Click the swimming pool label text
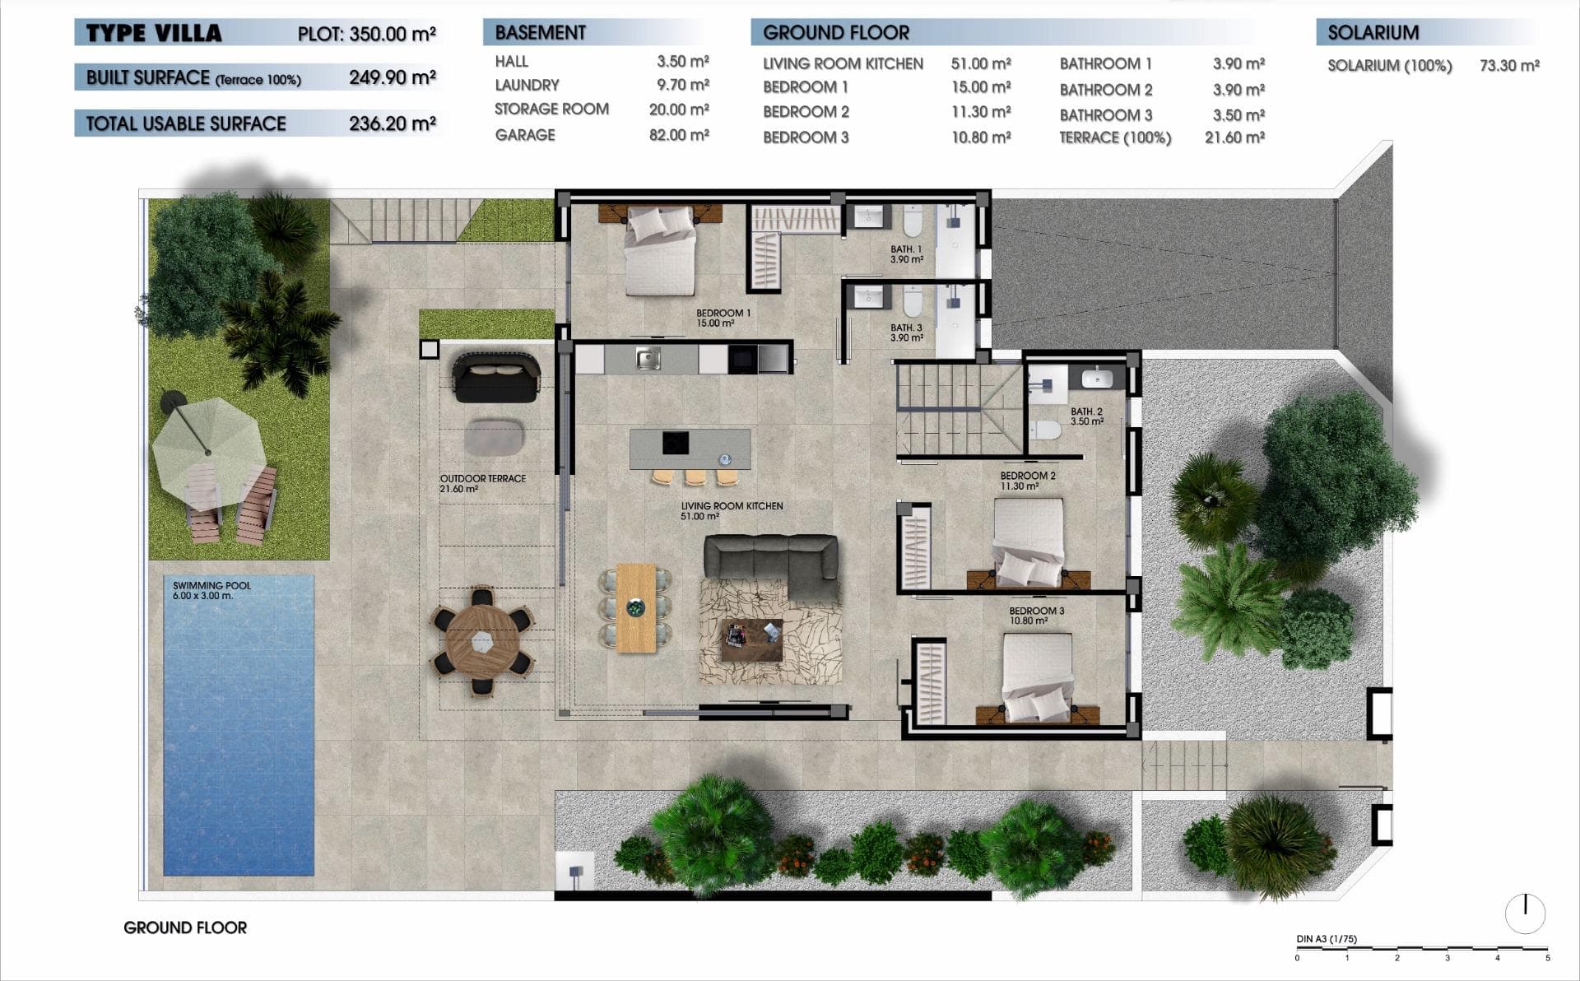[x=211, y=590]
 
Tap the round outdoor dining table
[x=482, y=641]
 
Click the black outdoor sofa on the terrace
[x=495, y=378]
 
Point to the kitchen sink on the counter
[x=648, y=359]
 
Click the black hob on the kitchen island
[x=676, y=443]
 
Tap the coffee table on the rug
[x=751, y=639]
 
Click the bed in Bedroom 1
[x=660, y=251]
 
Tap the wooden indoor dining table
[x=635, y=607]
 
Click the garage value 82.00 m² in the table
[x=678, y=135]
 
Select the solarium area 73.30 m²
[x=1508, y=66]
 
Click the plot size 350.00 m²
[x=392, y=35]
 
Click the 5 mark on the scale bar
[x=1547, y=958]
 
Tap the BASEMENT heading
[x=540, y=33]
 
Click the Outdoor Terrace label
[x=482, y=483]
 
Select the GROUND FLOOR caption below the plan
[x=185, y=928]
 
